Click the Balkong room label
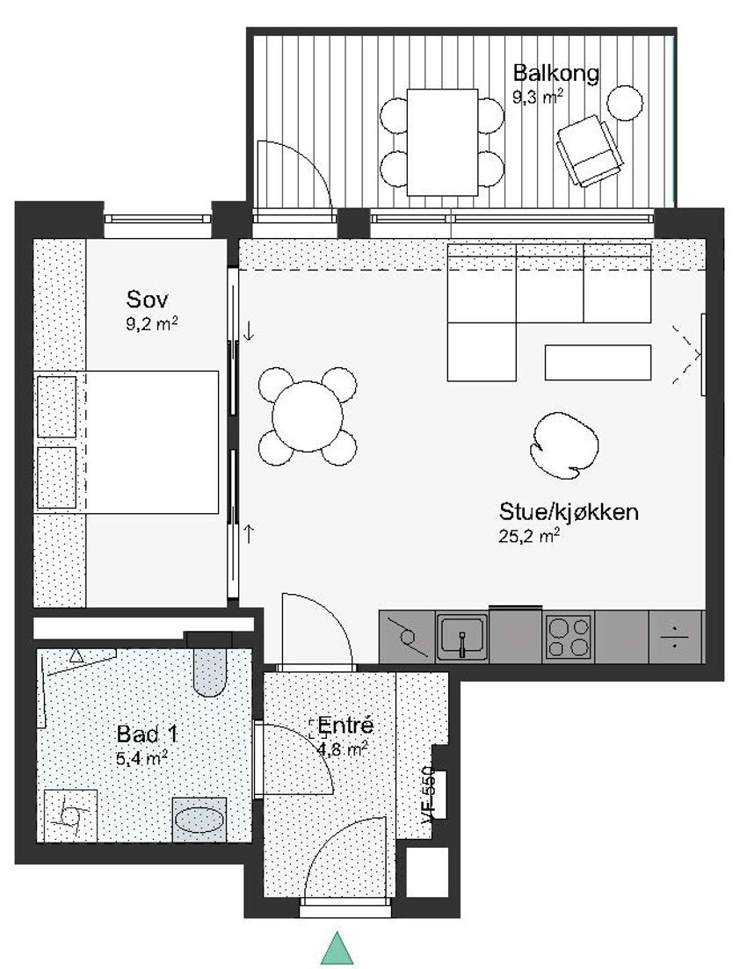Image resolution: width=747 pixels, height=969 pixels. point(556,72)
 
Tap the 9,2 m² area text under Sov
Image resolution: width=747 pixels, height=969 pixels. point(152,323)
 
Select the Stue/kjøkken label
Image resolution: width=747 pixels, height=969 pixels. point(569,512)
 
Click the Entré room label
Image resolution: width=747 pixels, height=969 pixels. point(345,727)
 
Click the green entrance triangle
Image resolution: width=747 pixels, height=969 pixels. point(337,949)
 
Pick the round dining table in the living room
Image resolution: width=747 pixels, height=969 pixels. point(307,415)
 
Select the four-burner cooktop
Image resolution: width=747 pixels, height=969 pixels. point(569,637)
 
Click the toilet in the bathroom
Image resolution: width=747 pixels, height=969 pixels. point(209,670)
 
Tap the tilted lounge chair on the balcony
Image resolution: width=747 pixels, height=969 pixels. point(588,150)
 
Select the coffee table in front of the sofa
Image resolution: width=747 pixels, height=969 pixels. point(598,362)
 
